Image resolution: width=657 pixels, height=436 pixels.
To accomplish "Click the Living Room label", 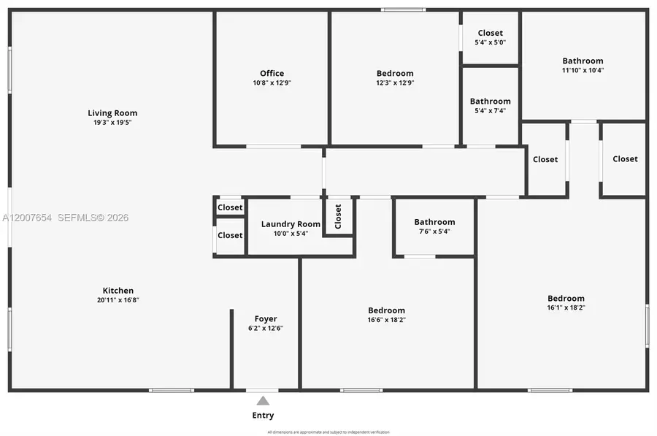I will click(x=112, y=113).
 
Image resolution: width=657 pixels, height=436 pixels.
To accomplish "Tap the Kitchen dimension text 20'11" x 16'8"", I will click(x=118, y=300).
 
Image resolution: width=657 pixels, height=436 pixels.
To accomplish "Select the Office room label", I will click(x=272, y=73).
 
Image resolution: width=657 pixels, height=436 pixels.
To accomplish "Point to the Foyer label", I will click(x=266, y=318).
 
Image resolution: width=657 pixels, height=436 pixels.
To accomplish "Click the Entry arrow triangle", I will click(x=263, y=400).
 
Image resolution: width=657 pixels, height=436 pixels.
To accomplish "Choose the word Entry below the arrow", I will click(x=263, y=416).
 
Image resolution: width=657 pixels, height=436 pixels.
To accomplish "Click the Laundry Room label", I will click(x=291, y=224).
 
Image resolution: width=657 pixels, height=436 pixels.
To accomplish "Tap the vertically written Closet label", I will click(x=338, y=216).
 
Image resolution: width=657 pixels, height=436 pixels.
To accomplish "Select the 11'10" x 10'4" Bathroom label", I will click(x=583, y=61).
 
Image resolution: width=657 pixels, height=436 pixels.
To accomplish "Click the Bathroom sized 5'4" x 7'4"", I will click(x=490, y=102).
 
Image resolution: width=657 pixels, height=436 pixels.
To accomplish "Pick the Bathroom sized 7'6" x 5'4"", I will click(x=434, y=222).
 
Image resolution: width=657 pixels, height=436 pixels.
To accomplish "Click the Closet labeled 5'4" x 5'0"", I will click(x=490, y=33).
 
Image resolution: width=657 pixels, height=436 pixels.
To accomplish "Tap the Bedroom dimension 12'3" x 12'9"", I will click(x=395, y=83).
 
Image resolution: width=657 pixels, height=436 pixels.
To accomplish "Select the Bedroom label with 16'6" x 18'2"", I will click(x=386, y=310).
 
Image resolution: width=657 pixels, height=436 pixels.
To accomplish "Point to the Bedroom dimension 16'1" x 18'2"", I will click(x=566, y=308).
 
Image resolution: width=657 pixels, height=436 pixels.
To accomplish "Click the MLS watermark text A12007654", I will click(x=27, y=218).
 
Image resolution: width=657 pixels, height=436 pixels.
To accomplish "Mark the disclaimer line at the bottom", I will click(x=328, y=432).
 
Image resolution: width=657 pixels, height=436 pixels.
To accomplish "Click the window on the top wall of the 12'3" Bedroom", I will click(x=403, y=9).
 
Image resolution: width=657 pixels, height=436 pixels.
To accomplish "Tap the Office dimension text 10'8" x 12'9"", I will click(x=272, y=83).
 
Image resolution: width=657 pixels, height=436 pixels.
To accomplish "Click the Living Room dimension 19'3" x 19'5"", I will click(x=112, y=123).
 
